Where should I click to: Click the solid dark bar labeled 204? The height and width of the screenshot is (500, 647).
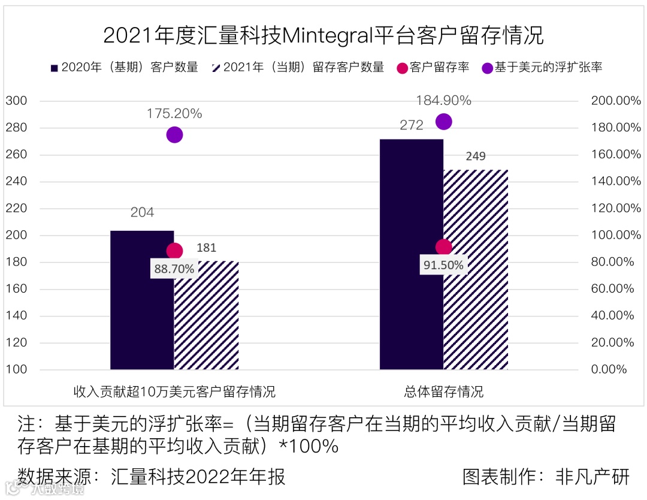click(142, 300)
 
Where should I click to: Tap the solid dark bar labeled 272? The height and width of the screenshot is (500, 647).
click(412, 254)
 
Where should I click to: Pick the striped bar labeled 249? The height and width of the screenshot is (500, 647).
click(476, 270)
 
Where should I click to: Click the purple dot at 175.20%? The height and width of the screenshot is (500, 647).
click(174, 135)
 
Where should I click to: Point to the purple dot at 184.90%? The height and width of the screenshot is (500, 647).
click(443, 122)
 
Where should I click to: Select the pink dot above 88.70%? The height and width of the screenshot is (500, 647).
click(174, 251)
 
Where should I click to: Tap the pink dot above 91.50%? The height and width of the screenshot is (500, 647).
click(443, 247)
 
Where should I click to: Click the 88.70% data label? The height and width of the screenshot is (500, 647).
click(174, 269)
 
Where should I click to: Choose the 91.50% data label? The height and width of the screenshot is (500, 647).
click(443, 265)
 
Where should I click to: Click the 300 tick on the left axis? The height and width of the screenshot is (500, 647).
click(17, 101)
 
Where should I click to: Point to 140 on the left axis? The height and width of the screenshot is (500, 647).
click(17, 316)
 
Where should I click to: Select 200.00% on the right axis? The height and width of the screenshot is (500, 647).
click(616, 101)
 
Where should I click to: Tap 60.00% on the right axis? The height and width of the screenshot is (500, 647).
click(616, 289)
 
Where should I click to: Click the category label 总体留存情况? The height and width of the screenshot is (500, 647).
click(443, 393)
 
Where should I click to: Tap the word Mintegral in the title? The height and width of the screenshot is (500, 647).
click(327, 36)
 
